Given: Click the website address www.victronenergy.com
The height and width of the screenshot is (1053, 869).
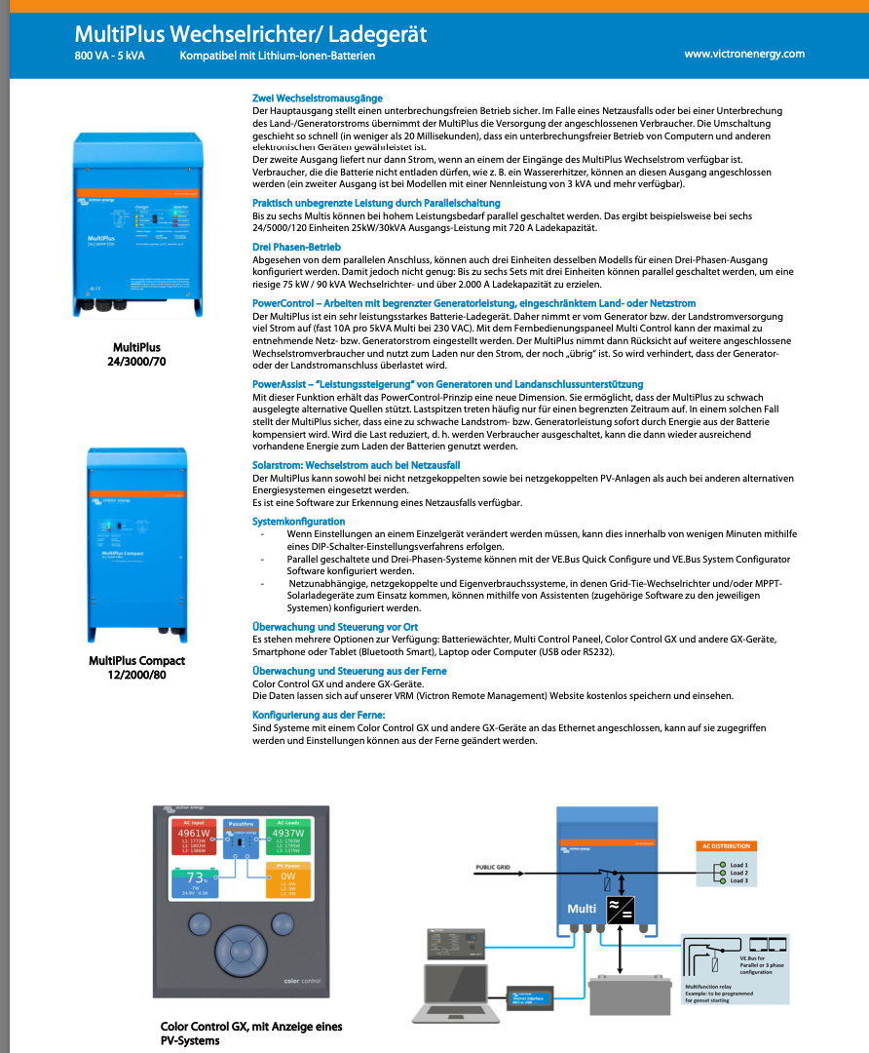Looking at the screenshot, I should (x=744, y=54).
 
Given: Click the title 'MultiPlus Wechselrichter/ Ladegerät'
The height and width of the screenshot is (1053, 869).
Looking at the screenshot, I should (x=250, y=35).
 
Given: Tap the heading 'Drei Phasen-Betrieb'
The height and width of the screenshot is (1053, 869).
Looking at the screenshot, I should (x=296, y=247).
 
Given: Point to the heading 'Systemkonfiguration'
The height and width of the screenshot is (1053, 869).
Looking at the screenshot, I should (x=298, y=522).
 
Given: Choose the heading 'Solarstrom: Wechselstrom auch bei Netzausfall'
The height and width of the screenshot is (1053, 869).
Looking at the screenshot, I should (x=356, y=466).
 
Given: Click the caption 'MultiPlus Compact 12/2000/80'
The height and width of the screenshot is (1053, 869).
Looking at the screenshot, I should (x=136, y=668).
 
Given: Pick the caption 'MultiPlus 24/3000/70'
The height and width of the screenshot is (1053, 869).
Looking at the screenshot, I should (x=136, y=354).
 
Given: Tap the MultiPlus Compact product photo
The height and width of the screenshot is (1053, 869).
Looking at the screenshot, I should (x=136, y=542).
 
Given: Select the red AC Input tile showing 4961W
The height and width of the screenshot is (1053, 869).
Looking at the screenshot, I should (x=192, y=838).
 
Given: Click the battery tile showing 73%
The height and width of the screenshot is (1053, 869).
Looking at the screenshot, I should (x=193, y=881).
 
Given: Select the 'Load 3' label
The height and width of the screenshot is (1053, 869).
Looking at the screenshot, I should (x=738, y=880).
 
